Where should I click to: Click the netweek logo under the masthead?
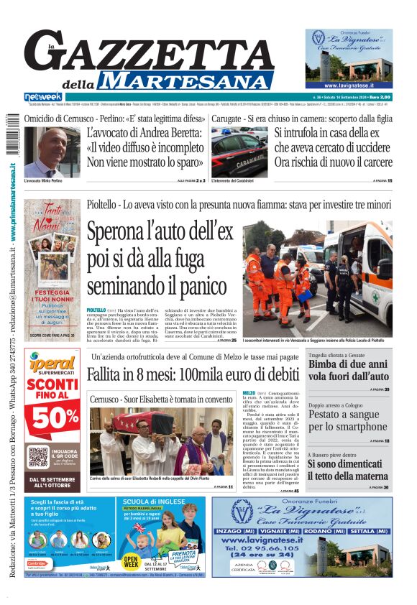[x=42, y=96]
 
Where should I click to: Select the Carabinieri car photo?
[x=239, y=152]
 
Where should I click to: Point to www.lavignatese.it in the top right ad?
[x=348, y=85]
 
